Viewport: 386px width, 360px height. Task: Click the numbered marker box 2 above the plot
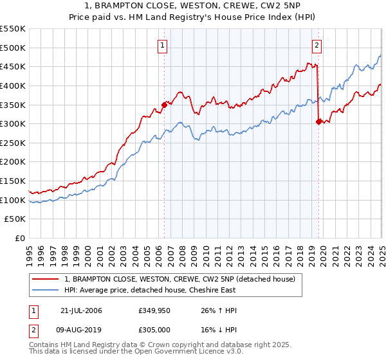317,46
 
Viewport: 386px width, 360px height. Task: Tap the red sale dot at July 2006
164,104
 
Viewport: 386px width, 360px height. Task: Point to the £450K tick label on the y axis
14,66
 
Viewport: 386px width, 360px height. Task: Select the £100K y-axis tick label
14,200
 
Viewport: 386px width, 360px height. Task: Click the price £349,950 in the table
155,310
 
